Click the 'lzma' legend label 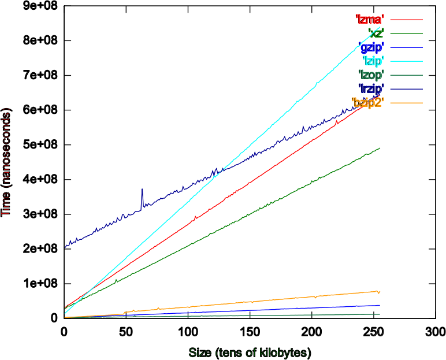point(369,20)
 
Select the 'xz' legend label point(376,34)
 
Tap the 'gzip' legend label point(371,47)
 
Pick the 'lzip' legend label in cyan point(373,61)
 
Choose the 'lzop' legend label point(371,75)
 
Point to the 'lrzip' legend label point(371,89)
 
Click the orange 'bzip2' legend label point(367,103)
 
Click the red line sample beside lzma point(406,20)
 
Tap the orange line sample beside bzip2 point(406,103)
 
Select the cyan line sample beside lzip point(406,61)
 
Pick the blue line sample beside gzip point(406,47)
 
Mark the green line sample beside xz point(406,34)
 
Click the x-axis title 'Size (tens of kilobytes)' point(250,352)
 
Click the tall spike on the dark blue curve point(142,191)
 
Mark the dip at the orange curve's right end point(378,294)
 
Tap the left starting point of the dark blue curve point(65,247)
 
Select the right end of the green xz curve point(380,148)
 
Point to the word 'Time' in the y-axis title point(6,203)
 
